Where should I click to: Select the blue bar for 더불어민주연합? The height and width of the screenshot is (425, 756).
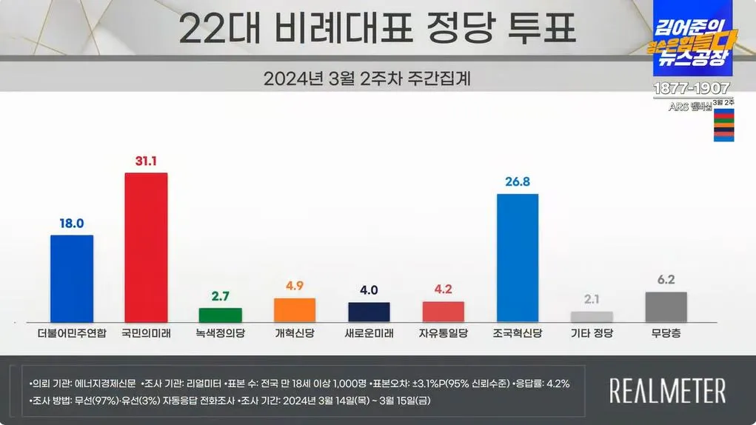coord(71,278)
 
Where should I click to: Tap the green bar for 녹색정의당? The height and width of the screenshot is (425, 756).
coord(220,315)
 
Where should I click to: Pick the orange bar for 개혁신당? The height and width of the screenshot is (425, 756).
coord(295,309)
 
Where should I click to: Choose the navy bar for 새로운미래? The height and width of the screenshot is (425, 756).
coord(369,312)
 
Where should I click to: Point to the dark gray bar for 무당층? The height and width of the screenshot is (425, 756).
coord(666,307)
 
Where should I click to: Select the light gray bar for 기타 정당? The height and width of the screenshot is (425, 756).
coord(592,316)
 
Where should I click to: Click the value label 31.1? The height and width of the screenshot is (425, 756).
coord(146,161)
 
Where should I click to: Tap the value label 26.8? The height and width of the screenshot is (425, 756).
coord(517,182)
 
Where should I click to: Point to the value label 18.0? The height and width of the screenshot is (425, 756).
coord(71,223)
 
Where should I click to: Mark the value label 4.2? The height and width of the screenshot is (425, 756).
coord(443,290)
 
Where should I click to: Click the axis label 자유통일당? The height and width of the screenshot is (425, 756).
coord(443,334)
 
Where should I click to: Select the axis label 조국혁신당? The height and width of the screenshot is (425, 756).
coord(517,334)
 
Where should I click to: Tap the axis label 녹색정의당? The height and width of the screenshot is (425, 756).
coord(220,334)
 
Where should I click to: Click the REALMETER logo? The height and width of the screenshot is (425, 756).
coord(667,390)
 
